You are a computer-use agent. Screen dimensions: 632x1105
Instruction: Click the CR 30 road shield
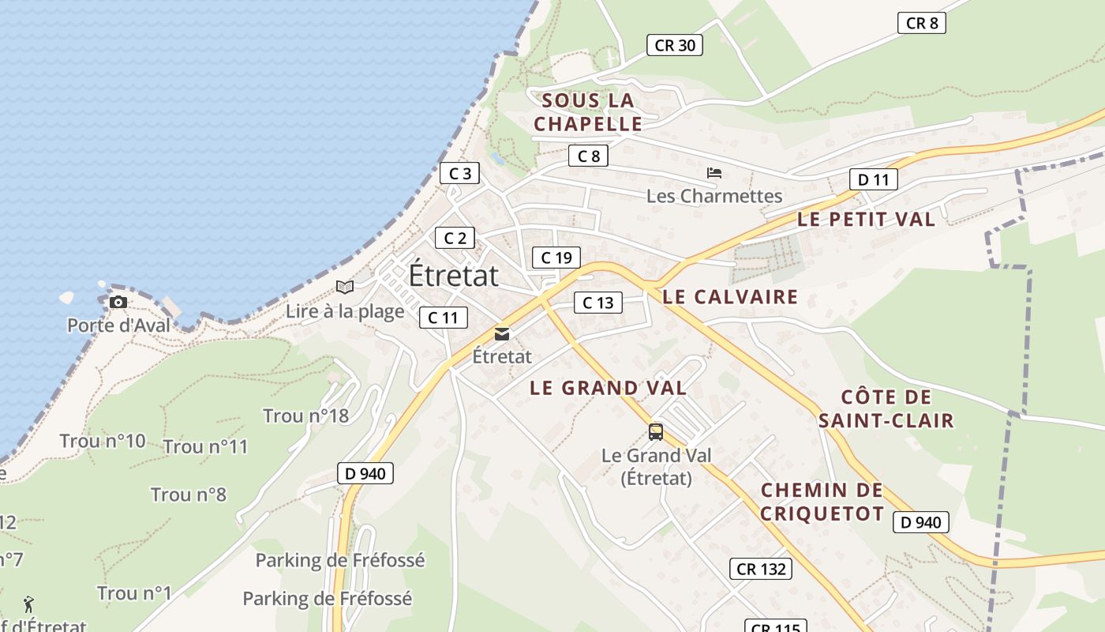point(675,45)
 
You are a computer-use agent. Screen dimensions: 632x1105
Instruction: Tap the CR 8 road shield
point(921,23)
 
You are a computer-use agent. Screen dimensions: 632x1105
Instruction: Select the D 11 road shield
point(873,179)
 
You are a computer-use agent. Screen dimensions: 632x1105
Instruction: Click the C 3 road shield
point(459,173)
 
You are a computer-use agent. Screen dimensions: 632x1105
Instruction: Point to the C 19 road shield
point(556,258)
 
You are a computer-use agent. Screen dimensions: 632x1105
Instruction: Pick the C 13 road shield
point(597,302)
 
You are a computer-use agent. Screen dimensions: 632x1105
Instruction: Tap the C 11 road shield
point(443,318)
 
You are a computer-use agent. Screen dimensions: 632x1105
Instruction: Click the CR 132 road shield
point(760,568)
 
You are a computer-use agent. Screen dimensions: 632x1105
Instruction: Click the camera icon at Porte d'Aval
point(118,302)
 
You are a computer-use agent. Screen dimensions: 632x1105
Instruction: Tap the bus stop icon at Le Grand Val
point(656,431)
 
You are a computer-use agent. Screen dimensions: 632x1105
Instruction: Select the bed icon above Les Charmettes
point(714,172)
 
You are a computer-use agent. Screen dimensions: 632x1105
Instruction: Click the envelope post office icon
point(502,334)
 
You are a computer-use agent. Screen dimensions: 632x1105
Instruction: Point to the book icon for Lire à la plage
point(344,287)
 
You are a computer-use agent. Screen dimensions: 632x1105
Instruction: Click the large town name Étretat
point(454,275)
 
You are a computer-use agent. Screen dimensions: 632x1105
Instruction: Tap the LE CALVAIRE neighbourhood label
point(730,297)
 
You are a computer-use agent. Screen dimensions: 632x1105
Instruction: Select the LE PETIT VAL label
point(866,219)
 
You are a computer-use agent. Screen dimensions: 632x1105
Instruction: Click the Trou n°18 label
point(305,416)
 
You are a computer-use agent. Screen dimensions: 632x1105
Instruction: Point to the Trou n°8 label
point(189,495)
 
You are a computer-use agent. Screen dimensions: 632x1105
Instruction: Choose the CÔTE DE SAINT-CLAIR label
point(886,408)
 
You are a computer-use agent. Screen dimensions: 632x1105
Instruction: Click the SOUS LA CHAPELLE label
point(588,112)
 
